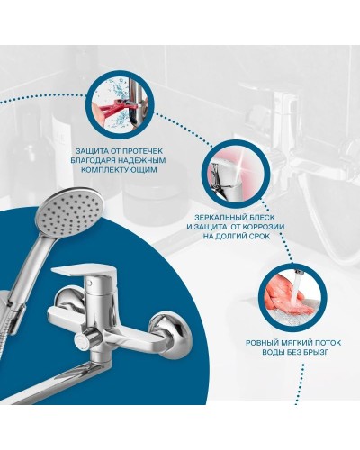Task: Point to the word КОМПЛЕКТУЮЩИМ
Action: pyautogui.click(x=120, y=170)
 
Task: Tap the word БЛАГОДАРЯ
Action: pyautogui.click(x=93, y=160)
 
